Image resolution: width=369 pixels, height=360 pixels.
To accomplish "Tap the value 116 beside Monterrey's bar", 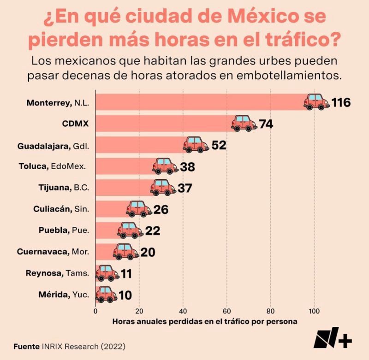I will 341,102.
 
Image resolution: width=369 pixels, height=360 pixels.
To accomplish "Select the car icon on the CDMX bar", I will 244,124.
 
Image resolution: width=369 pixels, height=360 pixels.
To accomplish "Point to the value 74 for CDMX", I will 266,124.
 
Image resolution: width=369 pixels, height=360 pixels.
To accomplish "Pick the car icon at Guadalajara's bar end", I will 196,145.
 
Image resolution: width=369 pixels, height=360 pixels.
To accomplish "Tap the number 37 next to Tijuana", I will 184,189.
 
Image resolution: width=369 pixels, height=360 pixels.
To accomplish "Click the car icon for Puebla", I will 130,230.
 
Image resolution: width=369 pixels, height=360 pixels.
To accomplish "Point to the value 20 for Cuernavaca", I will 148,252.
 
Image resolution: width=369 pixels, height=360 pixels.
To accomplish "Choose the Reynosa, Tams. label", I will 57,273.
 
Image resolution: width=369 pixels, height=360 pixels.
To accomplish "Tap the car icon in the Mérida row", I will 106,295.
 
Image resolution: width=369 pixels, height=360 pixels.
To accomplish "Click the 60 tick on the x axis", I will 227,310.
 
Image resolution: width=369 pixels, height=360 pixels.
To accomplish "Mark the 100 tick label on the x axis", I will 315,310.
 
